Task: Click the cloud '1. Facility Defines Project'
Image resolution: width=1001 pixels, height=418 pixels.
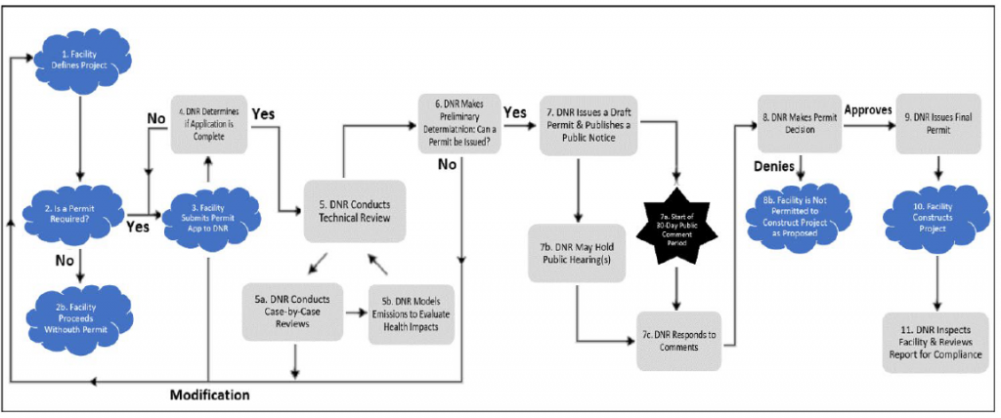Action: [x=82, y=59]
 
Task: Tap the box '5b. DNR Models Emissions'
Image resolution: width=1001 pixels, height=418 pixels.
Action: [x=411, y=313]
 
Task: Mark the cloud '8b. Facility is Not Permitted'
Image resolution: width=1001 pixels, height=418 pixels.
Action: [x=803, y=213]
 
